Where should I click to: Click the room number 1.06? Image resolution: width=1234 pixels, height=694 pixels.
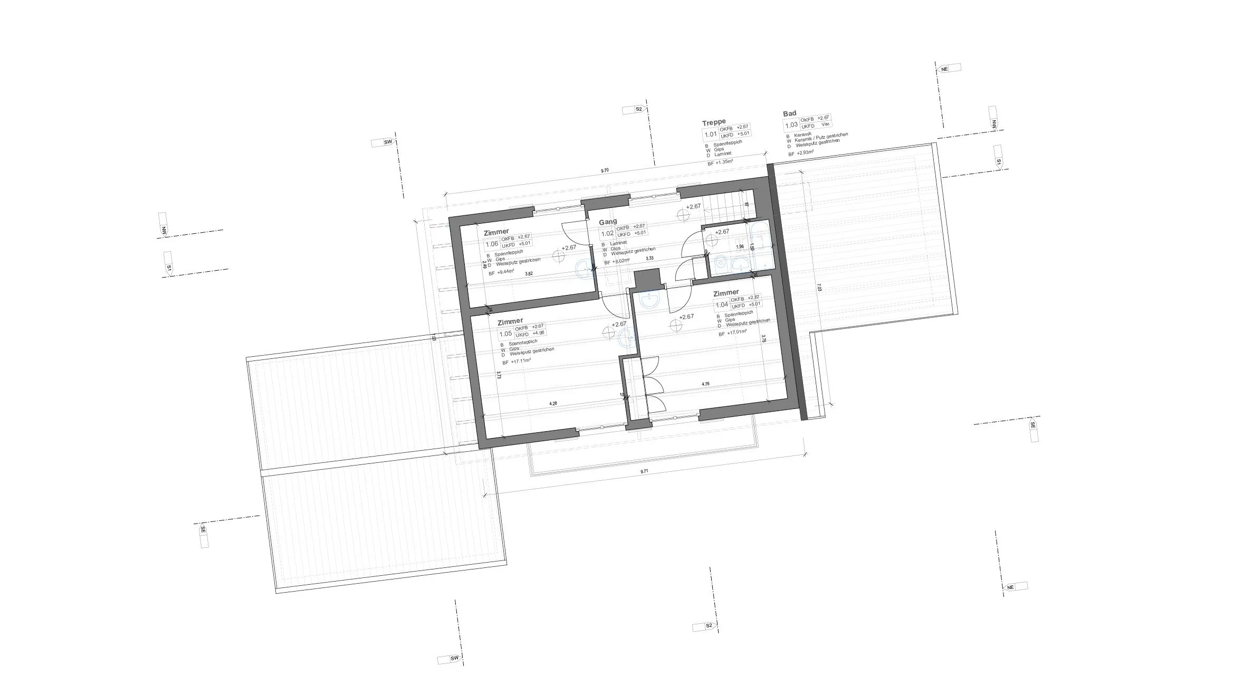[x=492, y=244]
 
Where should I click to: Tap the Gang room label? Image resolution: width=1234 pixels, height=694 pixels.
[x=608, y=222]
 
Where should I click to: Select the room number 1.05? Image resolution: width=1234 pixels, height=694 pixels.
[x=505, y=334]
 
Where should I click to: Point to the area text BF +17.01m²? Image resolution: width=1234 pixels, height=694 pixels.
[x=733, y=333]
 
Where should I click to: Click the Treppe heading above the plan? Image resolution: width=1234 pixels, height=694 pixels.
[x=713, y=122]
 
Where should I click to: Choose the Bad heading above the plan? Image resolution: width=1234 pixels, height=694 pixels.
[x=790, y=113]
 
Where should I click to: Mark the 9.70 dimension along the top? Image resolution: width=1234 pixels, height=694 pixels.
[x=605, y=170]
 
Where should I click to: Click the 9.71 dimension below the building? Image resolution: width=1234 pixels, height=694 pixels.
[x=644, y=470]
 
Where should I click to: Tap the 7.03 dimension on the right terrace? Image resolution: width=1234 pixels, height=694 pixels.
[x=819, y=287]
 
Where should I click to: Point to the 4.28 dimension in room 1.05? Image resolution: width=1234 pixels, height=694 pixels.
[x=553, y=404]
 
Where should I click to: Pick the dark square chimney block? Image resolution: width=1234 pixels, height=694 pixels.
[x=647, y=279]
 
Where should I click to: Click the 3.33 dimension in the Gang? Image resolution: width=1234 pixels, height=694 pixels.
[x=650, y=258]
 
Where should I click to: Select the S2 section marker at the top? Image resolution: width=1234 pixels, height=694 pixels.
[x=638, y=109]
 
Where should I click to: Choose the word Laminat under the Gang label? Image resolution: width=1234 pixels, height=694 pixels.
[x=618, y=243]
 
